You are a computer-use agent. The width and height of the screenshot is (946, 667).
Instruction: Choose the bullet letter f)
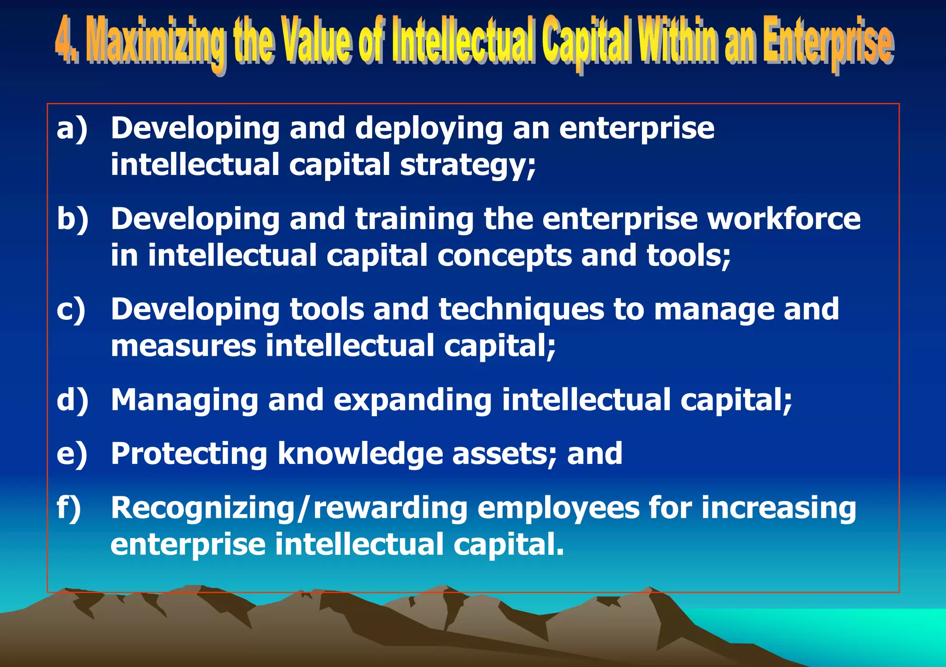pos(69,508)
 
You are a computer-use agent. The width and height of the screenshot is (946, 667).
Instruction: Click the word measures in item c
pos(183,346)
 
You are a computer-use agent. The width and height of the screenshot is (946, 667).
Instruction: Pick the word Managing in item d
pos(184,401)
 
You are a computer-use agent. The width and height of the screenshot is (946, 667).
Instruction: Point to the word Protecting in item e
pos(189,454)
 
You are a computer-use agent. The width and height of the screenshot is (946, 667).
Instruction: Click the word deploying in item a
pos(429,129)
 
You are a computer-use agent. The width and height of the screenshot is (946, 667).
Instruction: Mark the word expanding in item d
pos(412,401)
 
